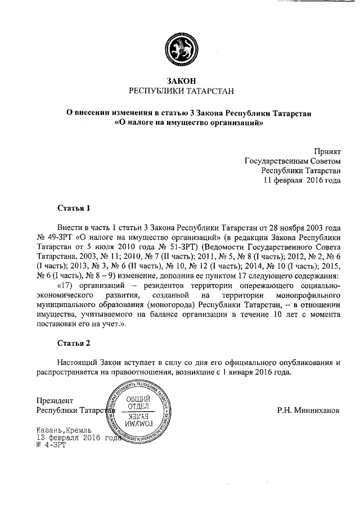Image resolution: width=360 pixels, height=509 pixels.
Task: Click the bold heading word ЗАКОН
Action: pos(180,81)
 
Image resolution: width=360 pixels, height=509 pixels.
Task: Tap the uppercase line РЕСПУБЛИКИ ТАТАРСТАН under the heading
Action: pos(180,91)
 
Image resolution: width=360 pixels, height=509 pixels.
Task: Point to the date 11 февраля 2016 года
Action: pos(303,181)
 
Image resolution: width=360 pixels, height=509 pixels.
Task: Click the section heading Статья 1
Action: pos(74,208)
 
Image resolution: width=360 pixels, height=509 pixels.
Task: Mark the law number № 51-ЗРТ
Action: pos(164,246)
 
